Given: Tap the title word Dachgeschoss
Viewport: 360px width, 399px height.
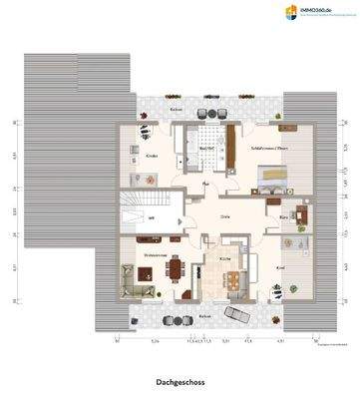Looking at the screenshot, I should (180, 380).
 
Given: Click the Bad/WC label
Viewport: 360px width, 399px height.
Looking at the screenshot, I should (205, 151).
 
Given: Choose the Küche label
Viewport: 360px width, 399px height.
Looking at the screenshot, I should (225, 260).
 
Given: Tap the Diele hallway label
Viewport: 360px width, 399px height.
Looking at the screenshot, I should (225, 215).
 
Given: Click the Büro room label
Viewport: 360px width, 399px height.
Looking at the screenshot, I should (283, 216).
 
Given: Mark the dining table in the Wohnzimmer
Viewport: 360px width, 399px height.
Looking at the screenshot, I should (176, 267).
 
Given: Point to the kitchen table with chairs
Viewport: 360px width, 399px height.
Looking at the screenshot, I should (236, 280).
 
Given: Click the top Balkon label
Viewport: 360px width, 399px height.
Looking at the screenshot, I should (176, 109).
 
